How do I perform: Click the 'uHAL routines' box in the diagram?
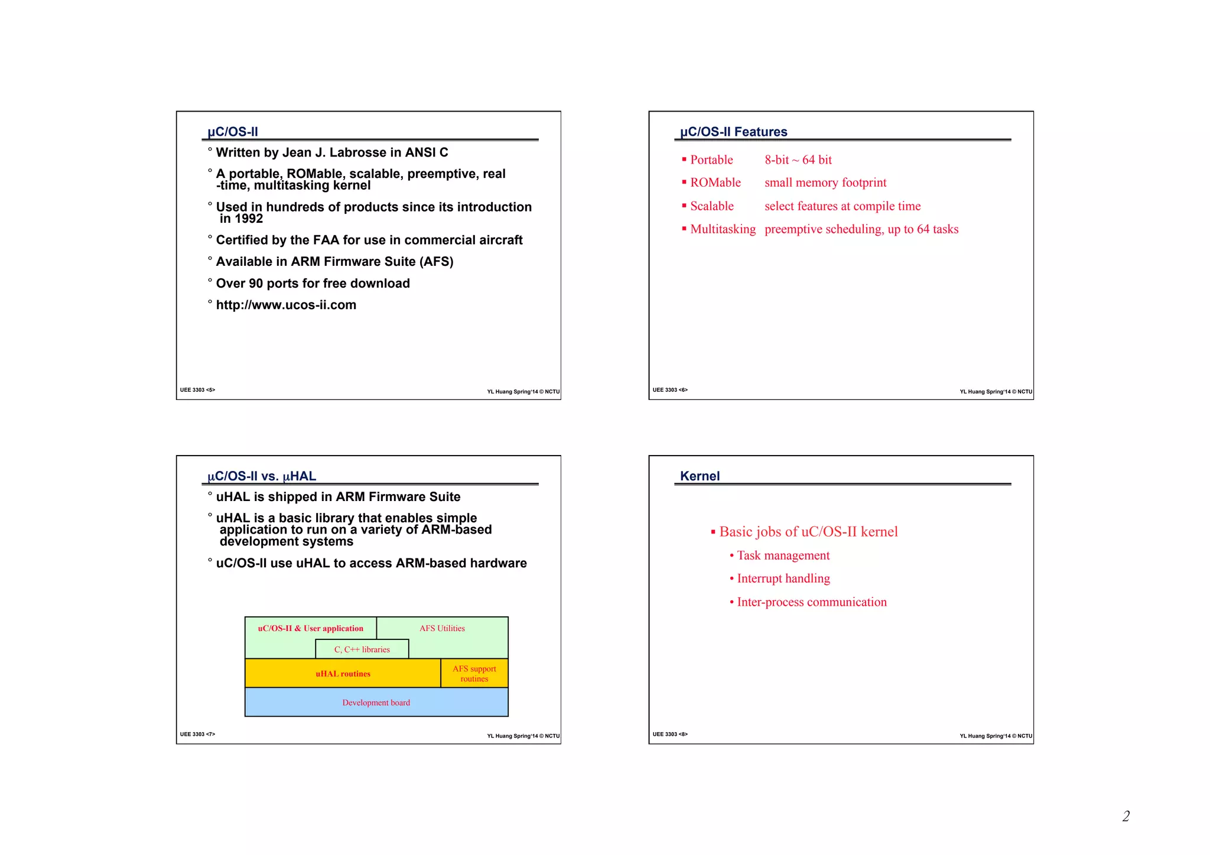343,674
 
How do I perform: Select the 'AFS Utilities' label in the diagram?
442,629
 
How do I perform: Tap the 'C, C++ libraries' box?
362,649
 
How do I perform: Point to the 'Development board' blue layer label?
376,703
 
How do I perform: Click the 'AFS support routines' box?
474,674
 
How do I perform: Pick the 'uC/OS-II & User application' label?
310,629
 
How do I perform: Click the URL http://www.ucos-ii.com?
286,305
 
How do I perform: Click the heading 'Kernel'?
700,476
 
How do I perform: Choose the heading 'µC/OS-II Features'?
733,132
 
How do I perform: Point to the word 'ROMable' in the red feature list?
715,183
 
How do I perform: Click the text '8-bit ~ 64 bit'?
798,160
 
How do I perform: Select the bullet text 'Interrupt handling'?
783,578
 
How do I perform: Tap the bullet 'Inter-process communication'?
811,602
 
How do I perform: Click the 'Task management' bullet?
783,555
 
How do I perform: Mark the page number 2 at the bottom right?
1126,817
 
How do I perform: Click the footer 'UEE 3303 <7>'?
197,734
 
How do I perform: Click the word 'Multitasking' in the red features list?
723,229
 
